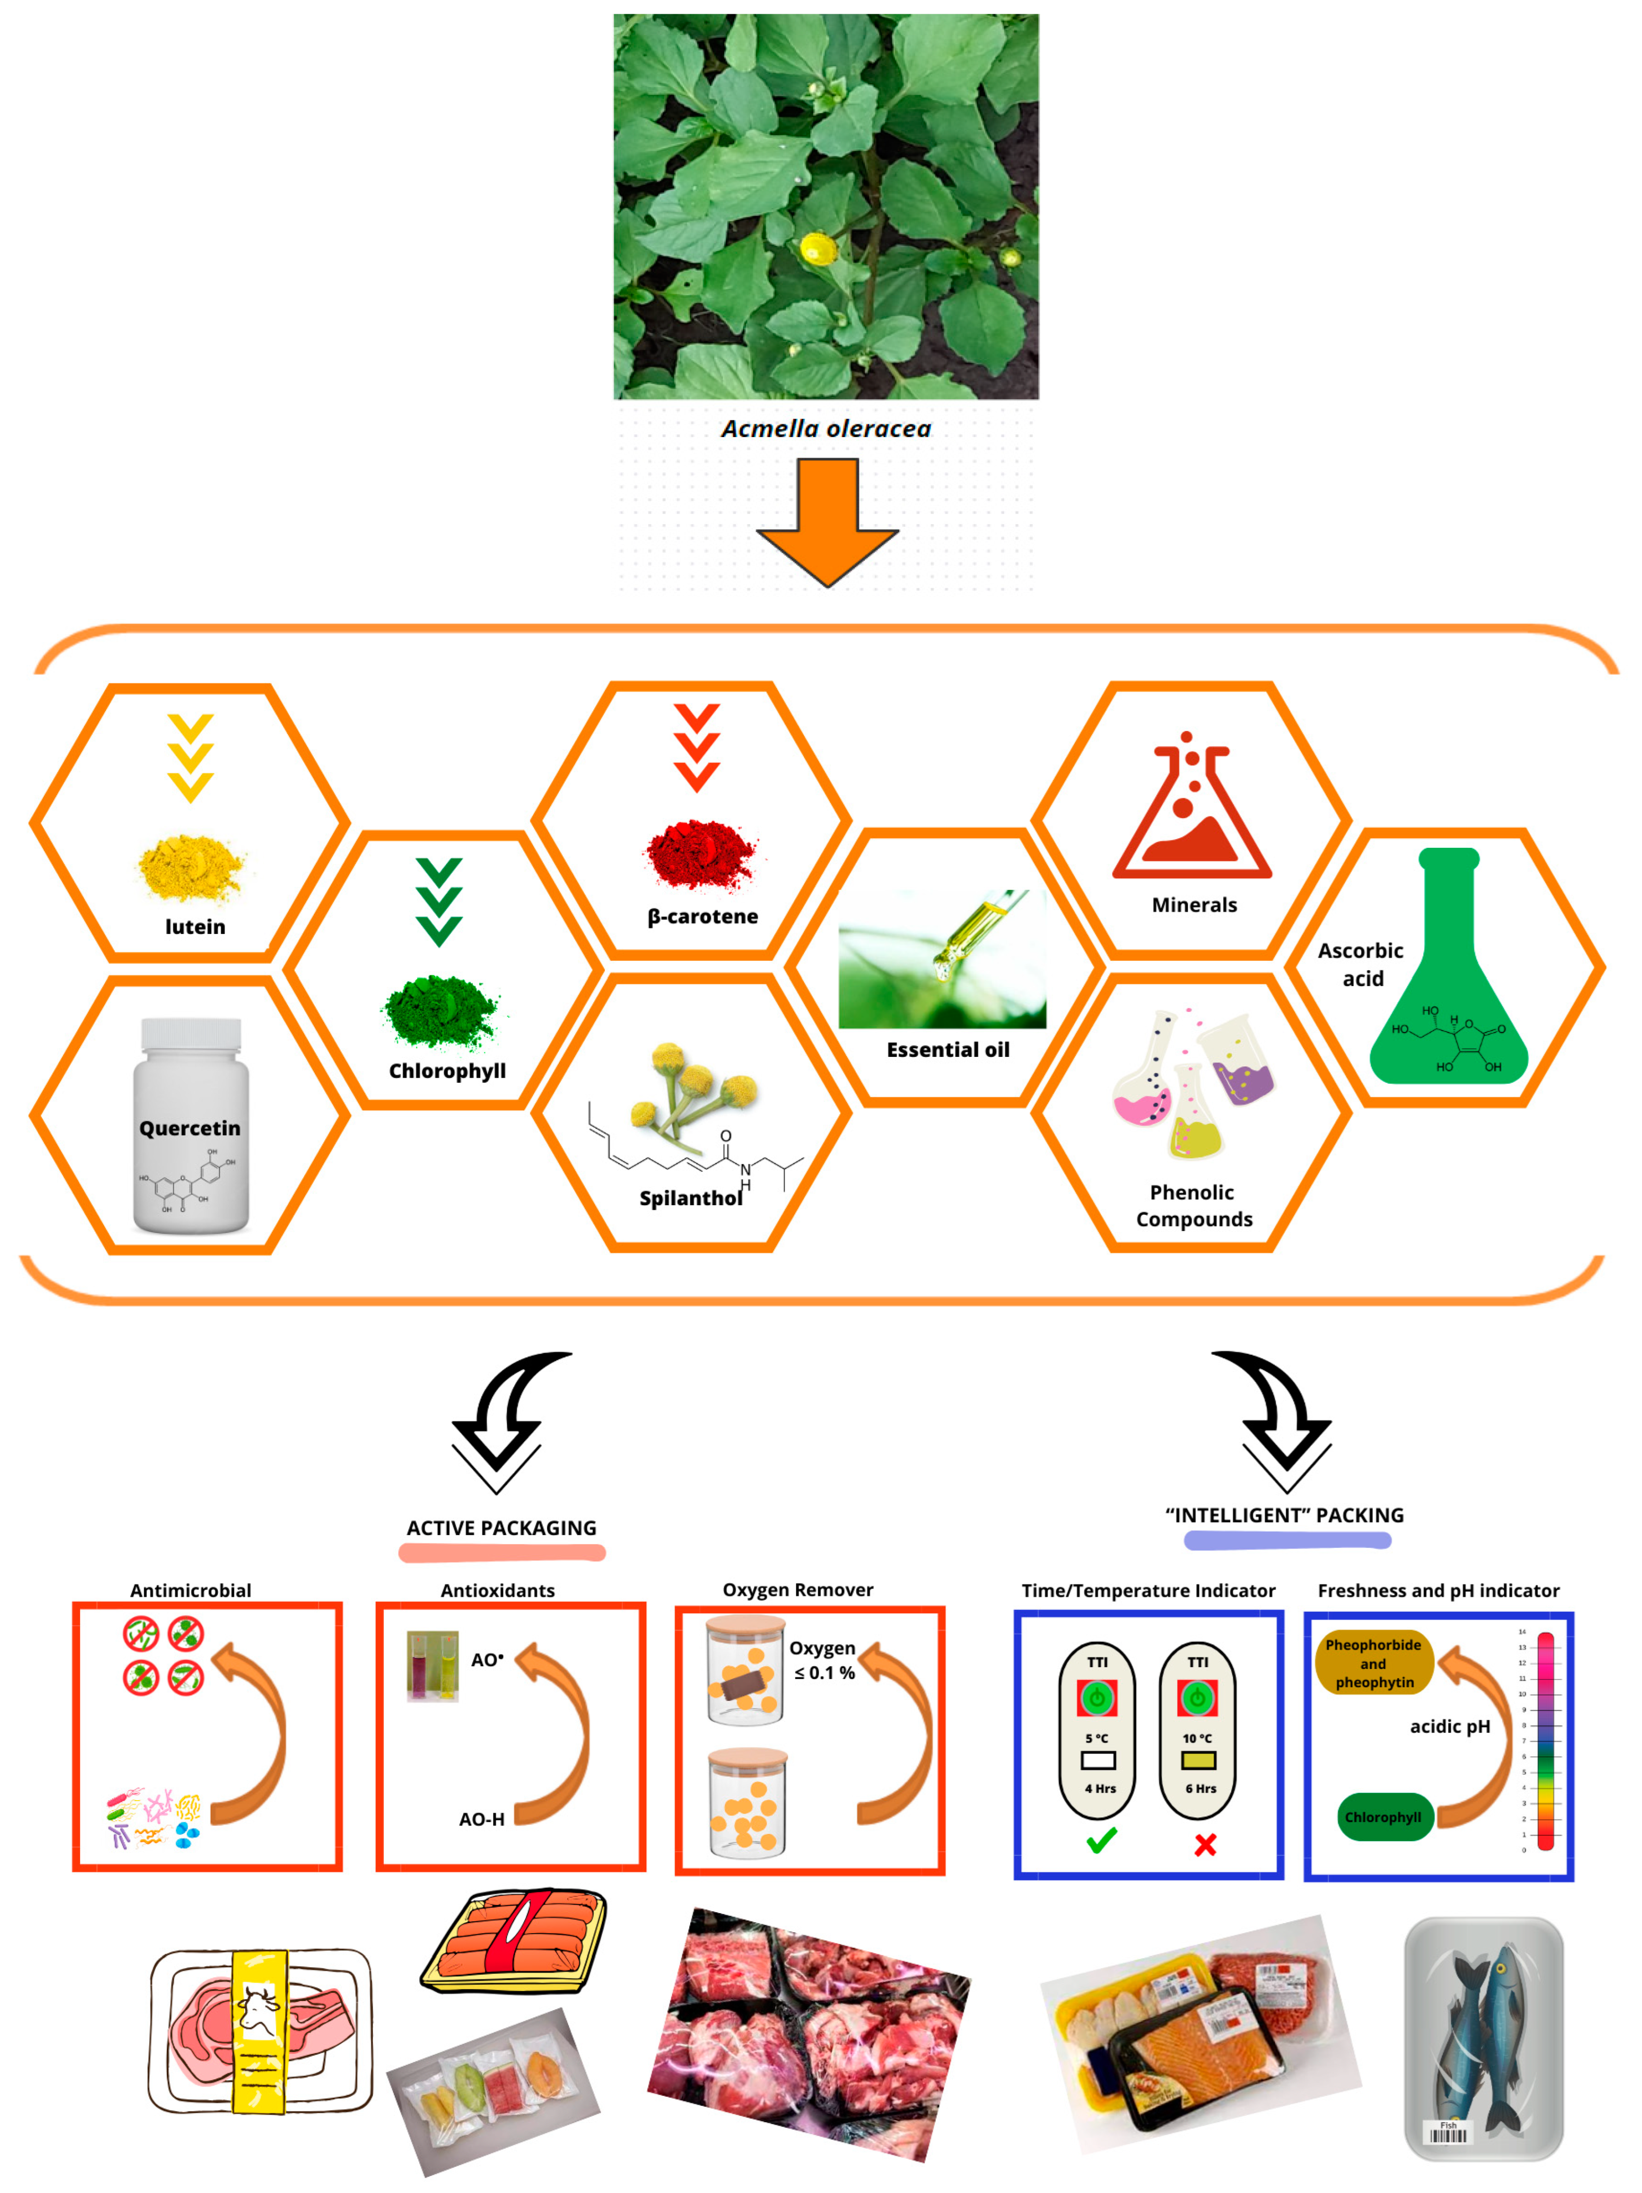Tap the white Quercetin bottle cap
(x=190, y=1034)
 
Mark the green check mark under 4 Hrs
(x=1101, y=1841)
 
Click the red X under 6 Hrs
(x=1205, y=1844)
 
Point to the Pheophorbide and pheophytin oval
(x=1373, y=1662)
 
